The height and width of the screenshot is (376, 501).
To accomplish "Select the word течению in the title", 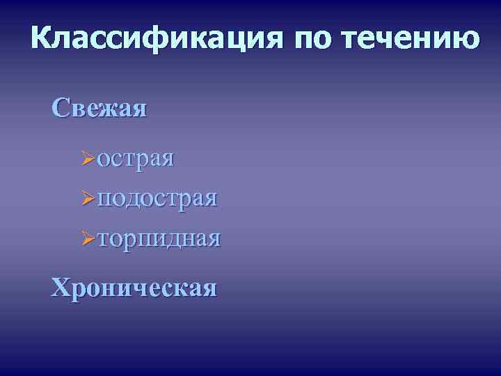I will (411, 39).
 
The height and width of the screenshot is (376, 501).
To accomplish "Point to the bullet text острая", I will (136, 158).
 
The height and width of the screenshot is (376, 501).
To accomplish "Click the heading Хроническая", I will (134, 286).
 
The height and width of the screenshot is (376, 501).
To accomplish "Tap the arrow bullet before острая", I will (88, 159).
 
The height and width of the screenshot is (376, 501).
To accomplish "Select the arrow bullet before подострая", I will (88, 199).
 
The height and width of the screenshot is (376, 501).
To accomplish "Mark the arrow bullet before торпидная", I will (88, 240).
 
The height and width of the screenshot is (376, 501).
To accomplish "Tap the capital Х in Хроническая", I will (61, 286).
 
